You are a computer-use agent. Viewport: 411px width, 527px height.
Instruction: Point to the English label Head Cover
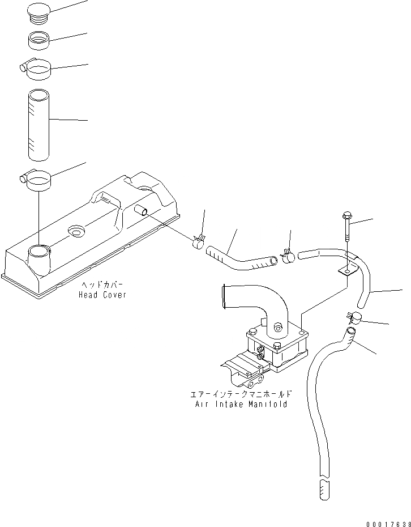[x=102, y=295]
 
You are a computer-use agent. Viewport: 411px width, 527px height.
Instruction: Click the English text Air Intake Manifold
[x=241, y=405]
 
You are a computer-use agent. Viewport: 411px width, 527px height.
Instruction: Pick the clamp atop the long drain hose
[x=353, y=318]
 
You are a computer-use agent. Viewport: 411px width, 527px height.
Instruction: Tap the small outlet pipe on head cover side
[x=141, y=211]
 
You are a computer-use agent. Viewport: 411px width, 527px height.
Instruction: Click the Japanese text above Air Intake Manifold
[x=241, y=394]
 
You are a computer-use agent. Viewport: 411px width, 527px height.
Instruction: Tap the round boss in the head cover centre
[x=75, y=232]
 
